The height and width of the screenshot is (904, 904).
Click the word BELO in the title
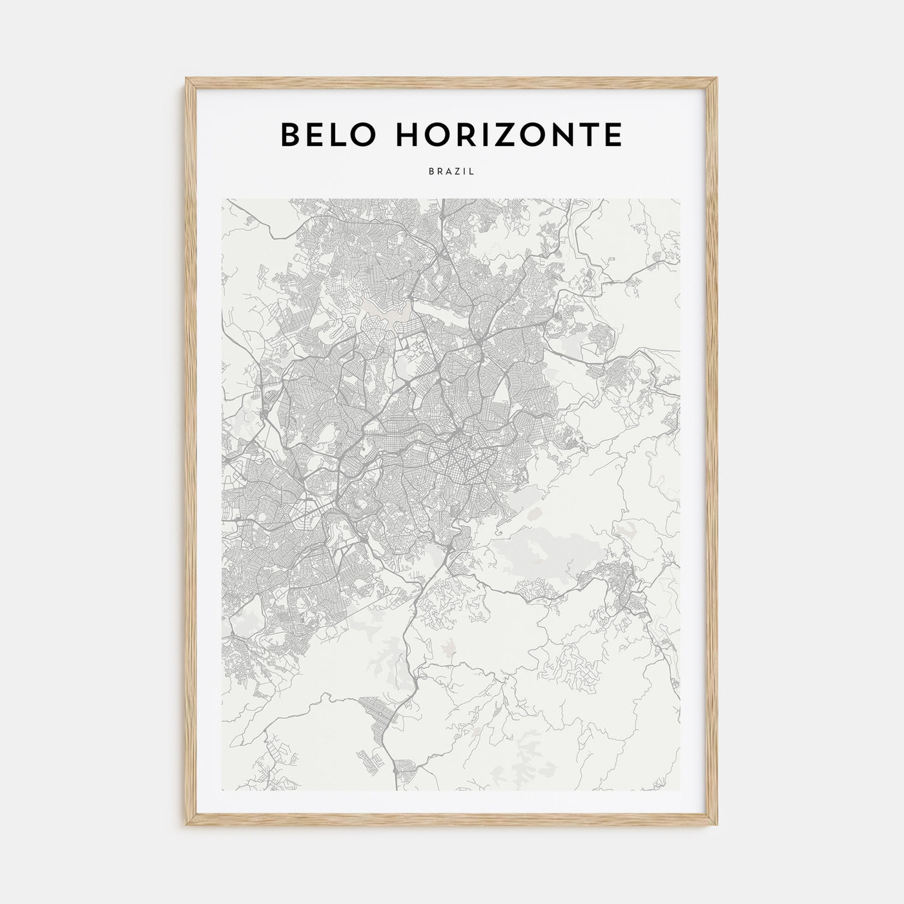pyautogui.click(x=320, y=134)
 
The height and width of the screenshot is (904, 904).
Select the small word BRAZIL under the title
pyautogui.click(x=451, y=172)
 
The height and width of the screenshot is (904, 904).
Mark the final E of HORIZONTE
pyautogui.click(x=612, y=134)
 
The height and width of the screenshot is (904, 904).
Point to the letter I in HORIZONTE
pyautogui.click(x=485, y=134)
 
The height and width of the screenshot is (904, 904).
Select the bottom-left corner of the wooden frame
pyautogui.click(x=186, y=827)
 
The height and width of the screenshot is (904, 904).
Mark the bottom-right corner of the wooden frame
pyautogui.click(x=718, y=827)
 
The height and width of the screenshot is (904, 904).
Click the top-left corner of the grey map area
pyautogui.click(x=221, y=199)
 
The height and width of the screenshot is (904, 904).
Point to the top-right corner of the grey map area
pyautogui.click(x=680, y=199)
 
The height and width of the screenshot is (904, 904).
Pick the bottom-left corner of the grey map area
pyautogui.click(x=221, y=791)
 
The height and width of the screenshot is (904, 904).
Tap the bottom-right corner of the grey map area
pyautogui.click(x=680, y=791)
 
